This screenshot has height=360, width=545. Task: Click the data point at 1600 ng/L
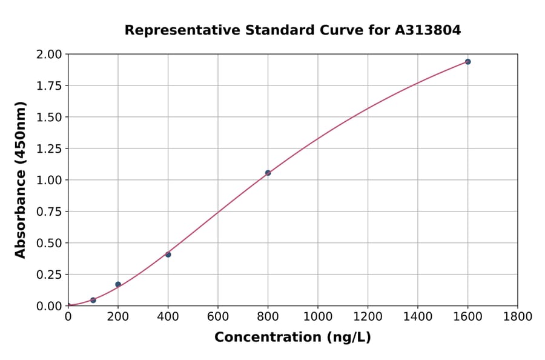[x=467, y=62]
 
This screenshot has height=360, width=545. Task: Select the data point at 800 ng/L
[x=268, y=173]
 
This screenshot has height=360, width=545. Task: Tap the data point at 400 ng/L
[x=168, y=255]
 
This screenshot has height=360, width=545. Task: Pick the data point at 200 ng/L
[x=118, y=284]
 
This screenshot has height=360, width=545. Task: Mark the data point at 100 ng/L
[x=93, y=300]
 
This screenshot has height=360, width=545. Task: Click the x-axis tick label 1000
[x=317, y=316]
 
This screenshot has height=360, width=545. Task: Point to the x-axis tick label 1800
[x=517, y=316]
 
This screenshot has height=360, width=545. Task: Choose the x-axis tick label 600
[x=217, y=316]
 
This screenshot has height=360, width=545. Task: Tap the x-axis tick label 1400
[x=417, y=316]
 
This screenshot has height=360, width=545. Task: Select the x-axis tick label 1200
[x=368, y=316]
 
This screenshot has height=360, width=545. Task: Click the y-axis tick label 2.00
[x=49, y=55]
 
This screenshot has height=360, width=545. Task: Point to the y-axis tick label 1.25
[x=49, y=148]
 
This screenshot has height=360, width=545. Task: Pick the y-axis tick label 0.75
[x=49, y=212]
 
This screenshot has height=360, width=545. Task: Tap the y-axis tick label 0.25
[x=49, y=275]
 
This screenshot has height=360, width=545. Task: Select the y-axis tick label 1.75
[x=49, y=85]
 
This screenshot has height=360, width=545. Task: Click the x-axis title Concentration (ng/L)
[x=292, y=338]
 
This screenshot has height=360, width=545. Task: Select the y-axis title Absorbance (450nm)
[x=21, y=180]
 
